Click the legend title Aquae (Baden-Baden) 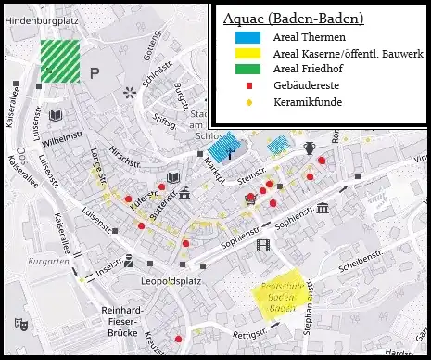point(294,18)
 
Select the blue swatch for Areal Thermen point(247,38)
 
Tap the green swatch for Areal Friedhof point(247,70)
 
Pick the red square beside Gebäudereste point(248,86)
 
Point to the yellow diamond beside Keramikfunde point(248,101)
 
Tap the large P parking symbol point(95,72)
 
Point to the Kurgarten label point(48,262)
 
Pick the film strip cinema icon point(262,245)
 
